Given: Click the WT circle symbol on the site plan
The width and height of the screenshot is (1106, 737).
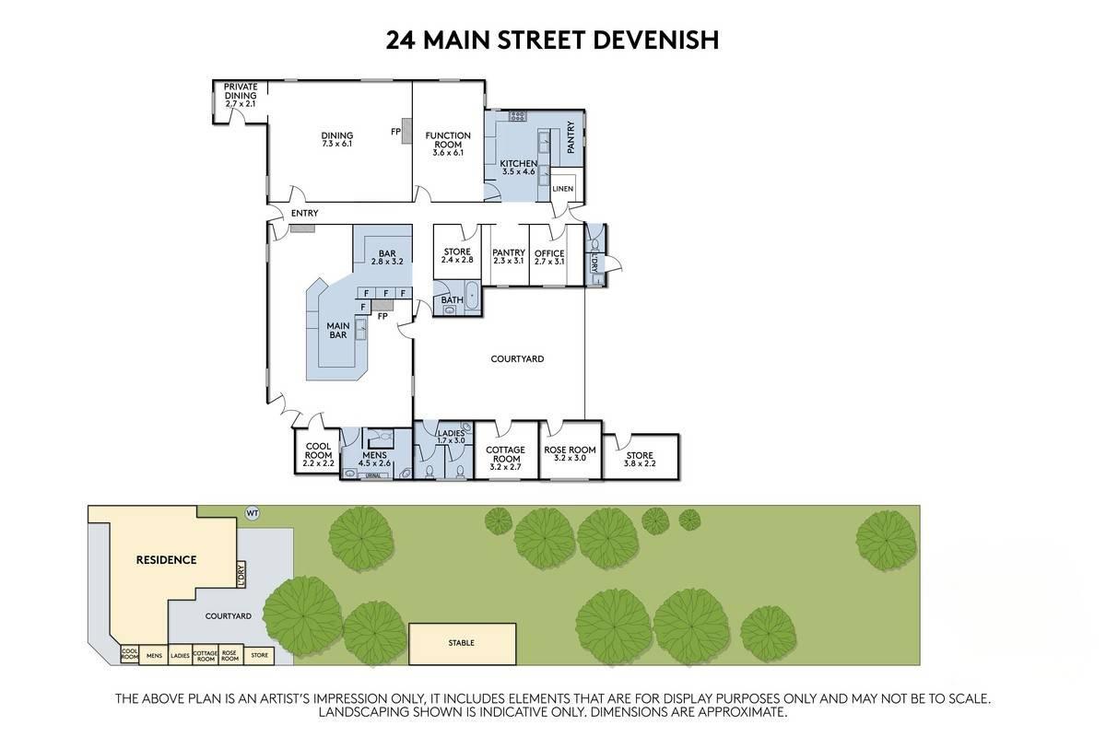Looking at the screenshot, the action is pyautogui.click(x=253, y=513).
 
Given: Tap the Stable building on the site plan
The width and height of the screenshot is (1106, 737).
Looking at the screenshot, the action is pyautogui.click(x=462, y=644).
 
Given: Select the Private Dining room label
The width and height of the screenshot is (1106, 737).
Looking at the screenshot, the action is pyautogui.click(x=241, y=91).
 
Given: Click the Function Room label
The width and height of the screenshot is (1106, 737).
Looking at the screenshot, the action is pyautogui.click(x=448, y=140).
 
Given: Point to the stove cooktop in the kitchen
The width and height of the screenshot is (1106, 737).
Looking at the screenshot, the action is pyautogui.click(x=517, y=116).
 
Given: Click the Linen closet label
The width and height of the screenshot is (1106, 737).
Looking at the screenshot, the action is pyautogui.click(x=563, y=189).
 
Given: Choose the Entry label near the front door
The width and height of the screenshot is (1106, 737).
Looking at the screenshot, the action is pyautogui.click(x=305, y=213).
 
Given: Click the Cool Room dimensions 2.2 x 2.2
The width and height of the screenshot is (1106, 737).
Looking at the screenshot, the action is pyautogui.click(x=319, y=463).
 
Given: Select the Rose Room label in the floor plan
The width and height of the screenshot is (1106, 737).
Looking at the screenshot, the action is pyautogui.click(x=570, y=450).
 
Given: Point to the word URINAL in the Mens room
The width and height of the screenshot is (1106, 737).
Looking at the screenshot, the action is pyautogui.click(x=372, y=476).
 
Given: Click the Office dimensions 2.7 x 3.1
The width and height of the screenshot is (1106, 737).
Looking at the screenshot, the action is pyautogui.click(x=549, y=262).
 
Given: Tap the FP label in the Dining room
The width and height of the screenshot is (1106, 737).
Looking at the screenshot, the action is pyautogui.click(x=395, y=132).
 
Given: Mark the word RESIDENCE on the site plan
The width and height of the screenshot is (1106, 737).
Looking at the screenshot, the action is pyautogui.click(x=167, y=560).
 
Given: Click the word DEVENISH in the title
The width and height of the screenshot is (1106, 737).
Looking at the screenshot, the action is pyautogui.click(x=655, y=41).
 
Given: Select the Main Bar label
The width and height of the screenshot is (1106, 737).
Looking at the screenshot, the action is pyautogui.click(x=338, y=330).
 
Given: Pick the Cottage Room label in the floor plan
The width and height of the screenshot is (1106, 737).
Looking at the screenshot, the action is pyautogui.click(x=506, y=454).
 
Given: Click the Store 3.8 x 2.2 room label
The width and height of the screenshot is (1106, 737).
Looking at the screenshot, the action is pyautogui.click(x=640, y=459).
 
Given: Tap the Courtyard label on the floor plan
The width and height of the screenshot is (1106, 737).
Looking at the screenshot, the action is pyautogui.click(x=517, y=359).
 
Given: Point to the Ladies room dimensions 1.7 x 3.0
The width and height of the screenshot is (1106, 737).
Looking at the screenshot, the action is pyautogui.click(x=451, y=440).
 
